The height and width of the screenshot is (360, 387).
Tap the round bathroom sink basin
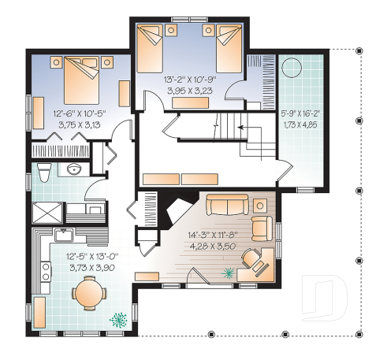pyautogui.click(x=75, y=169)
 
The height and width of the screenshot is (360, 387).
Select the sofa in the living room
pyautogui.click(x=226, y=206)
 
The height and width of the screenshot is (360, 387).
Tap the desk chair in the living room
pyautogui.click(x=251, y=257)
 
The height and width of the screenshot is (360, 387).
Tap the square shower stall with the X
pyautogui.click(x=46, y=211)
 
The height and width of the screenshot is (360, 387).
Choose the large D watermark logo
pyautogui.click(x=328, y=296)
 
